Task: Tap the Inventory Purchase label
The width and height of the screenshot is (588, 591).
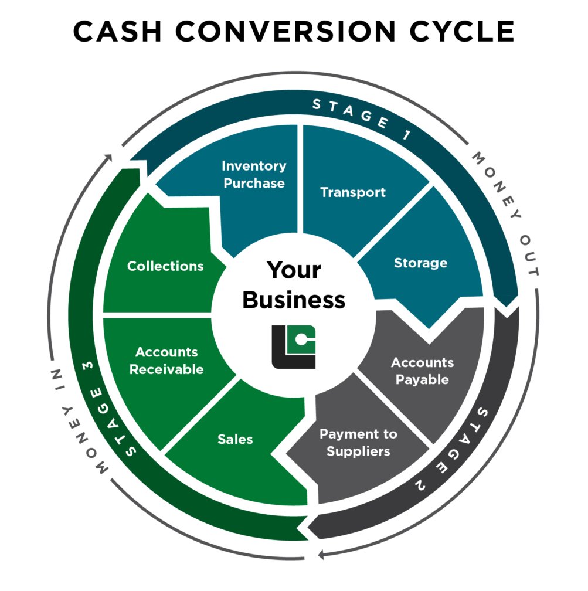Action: [x=254, y=174]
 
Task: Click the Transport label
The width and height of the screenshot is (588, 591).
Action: [x=353, y=192]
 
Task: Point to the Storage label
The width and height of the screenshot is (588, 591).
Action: [x=420, y=263]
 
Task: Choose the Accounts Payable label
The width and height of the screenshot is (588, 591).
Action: [x=422, y=371]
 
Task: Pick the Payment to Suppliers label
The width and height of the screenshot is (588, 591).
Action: [x=358, y=442]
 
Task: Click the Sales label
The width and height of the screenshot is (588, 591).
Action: [x=235, y=439]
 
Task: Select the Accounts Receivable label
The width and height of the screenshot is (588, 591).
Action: [x=166, y=361]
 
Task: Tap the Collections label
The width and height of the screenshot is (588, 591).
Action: [x=165, y=266]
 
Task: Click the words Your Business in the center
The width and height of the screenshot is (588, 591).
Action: [x=294, y=286]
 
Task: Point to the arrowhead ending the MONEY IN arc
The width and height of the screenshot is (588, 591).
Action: [x=108, y=158]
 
